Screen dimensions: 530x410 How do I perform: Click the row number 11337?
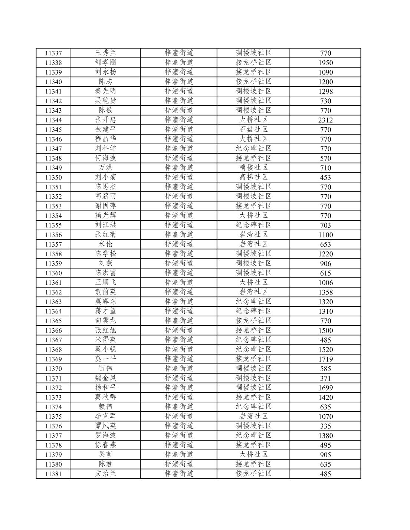(x=53, y=53)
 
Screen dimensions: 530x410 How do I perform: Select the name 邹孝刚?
(x=105, y=62)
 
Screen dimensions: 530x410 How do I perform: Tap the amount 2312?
(x=325, y=120)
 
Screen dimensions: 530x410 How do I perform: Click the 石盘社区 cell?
(x=253, y=129)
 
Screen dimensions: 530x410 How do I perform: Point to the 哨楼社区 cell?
(x=253, y=168)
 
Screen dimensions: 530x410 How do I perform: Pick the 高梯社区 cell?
(x=253, y=177)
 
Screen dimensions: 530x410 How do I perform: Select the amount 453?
(x=325, y=177)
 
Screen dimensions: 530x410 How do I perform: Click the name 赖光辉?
(x=105, y=215)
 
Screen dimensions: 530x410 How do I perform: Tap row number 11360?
(x=53, y=273)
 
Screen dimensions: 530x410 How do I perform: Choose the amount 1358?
(x=325, y=292)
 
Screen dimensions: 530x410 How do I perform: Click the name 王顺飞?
(x=105, y=283)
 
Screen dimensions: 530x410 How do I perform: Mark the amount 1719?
(x=325, y=359)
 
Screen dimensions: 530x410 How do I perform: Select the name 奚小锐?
(x=105, y=349)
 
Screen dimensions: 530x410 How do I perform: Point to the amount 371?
(x=325, y=378)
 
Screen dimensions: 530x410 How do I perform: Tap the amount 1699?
(x=325, y=388)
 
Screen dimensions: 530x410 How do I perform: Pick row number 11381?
(x=53, y=474)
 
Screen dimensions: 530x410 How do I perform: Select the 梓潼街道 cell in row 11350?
(x=179, y=177)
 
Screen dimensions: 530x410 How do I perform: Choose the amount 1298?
(x=325, y=91)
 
